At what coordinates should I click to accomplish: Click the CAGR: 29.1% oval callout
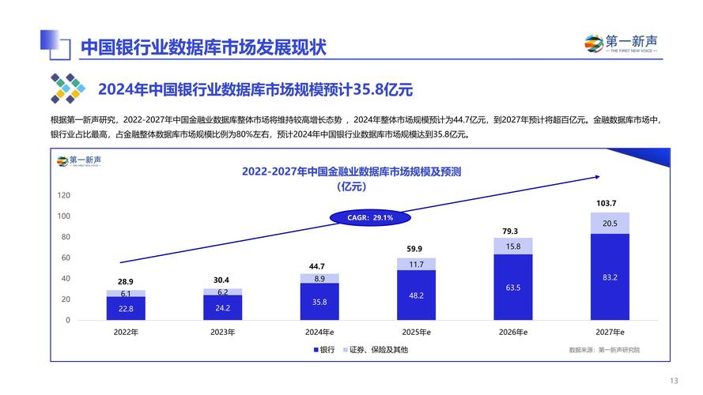(x=370, y=217)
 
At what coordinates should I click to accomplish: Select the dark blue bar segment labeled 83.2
(x=610, y=277)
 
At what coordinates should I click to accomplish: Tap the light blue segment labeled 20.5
(x=610, y=224)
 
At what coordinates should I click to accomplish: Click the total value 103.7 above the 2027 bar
(x=606, y=203)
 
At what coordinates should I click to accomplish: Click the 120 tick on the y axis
(x=63, y=195)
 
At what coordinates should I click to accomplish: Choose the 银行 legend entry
(x=324, y=349)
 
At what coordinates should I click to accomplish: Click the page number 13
(x=674, y=379)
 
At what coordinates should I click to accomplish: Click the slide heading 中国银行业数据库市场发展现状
(x=203, y=47)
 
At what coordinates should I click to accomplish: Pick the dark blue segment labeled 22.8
(x=127, y=309)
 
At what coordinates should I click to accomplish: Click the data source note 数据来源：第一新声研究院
(x=604, y=349)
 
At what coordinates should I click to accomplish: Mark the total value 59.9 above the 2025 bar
(x=415, y=249)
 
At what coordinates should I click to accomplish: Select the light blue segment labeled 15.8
(x=513, y=246)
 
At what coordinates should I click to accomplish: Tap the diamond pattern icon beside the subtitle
(x=68, y=88)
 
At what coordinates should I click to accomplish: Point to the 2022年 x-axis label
(x=126, y=332)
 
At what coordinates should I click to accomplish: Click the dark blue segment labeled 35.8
(x=319, y=302)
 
